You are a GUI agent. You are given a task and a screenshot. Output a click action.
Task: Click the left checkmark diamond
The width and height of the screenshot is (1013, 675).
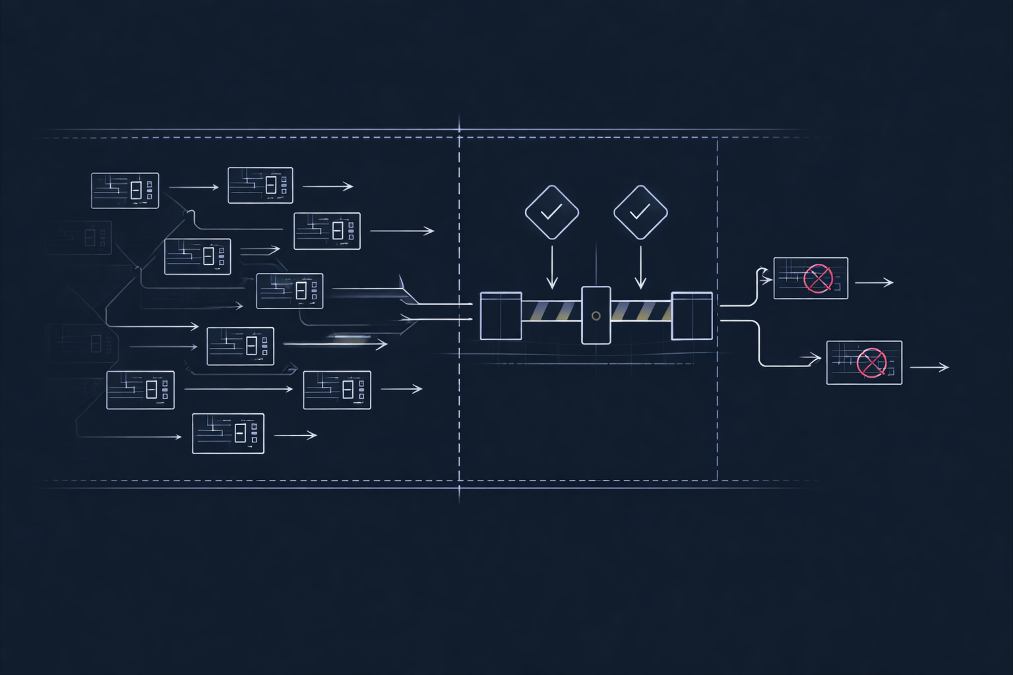coord(551,212)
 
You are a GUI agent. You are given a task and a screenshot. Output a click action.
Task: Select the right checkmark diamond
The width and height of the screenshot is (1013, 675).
coord(640,212)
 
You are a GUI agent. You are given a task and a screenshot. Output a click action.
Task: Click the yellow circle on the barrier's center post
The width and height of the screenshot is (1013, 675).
coord(596,316)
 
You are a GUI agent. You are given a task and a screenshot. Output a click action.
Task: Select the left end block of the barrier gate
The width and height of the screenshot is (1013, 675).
coord(501,316)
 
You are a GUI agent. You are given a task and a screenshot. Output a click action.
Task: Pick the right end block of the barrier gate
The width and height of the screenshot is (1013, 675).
coord(692,316)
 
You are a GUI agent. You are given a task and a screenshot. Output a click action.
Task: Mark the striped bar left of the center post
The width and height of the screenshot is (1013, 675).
coord(551,311)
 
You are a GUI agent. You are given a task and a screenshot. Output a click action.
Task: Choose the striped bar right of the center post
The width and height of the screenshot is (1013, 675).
coord(640,311)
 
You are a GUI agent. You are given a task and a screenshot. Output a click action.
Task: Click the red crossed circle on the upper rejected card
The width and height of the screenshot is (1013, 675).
coord(818,278)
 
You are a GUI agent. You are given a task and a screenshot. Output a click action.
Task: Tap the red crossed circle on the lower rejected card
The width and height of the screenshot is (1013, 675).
coord(871,363)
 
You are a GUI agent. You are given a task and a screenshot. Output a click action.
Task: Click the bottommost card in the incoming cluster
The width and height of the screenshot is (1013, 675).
coord(228,433)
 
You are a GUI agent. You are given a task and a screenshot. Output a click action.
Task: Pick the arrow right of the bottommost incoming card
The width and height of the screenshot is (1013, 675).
coord(295,435)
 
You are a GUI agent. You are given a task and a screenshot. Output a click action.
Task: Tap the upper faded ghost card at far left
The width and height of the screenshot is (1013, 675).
coord(78,237)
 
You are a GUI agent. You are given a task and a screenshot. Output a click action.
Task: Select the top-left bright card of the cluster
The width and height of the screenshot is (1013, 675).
coord(125,191)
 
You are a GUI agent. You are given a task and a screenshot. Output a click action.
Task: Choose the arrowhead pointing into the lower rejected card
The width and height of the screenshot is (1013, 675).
coord(816,359)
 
